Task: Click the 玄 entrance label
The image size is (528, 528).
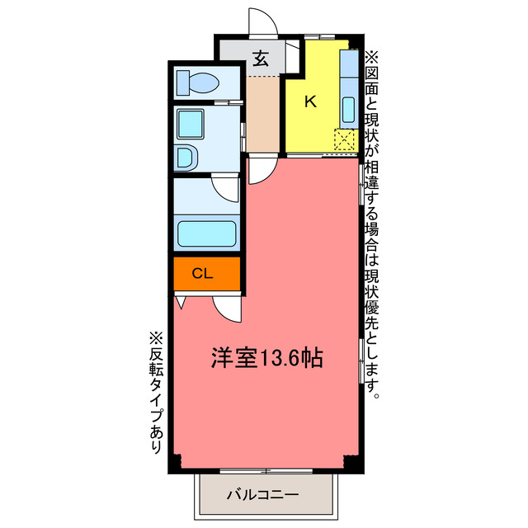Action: pos(261,59)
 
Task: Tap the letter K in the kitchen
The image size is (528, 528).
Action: pos(310,102)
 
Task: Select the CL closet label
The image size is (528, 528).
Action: pos(202,274)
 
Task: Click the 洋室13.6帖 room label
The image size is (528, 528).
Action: pos(266,359)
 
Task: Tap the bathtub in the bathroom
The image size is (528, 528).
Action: pos(207,234)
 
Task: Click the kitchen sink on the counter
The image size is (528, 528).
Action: pos(348,108)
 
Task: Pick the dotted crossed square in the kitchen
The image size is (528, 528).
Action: pos(345,141)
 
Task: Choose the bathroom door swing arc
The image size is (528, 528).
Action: pos(224,186)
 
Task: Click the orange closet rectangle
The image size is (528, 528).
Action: pos(207,274)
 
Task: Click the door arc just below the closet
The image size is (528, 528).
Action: pos(226,309)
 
